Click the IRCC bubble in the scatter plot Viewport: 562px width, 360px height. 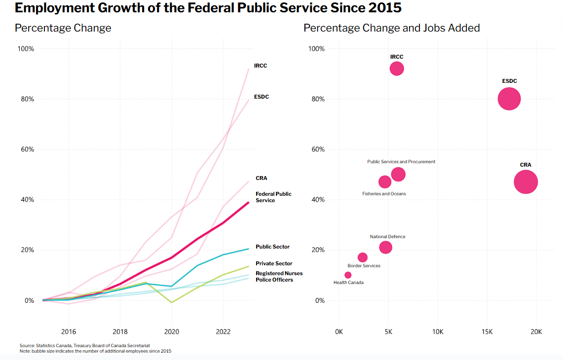click(x=397, y=69)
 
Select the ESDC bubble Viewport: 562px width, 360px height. click(x=509, y=99)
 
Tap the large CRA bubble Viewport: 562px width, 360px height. click(x=525, y=182)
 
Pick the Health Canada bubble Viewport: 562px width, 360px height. click(x=348, y=275)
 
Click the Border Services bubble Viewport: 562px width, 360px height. click(x=363, y=257)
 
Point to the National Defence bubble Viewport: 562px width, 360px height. click(x=386, y=248)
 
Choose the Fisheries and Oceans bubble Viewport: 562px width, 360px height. click(x=385, y=182)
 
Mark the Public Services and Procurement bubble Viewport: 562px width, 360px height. click(x=398, y=174)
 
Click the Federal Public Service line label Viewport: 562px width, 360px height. click(x=273, y=197)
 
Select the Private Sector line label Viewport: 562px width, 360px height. click(x=274, y=263)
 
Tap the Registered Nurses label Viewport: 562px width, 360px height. click(x=279, y=273)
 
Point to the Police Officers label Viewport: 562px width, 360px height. click(x=274, y=280)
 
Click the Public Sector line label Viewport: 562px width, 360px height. click(x=272, y=247)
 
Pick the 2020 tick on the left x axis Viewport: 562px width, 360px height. click(x=172, y=331)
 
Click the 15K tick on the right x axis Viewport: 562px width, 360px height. click(x=487, y=331)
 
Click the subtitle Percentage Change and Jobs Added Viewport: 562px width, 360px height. click(x=391, y=28)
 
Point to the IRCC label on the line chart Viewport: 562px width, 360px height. click(x=261, y=66)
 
